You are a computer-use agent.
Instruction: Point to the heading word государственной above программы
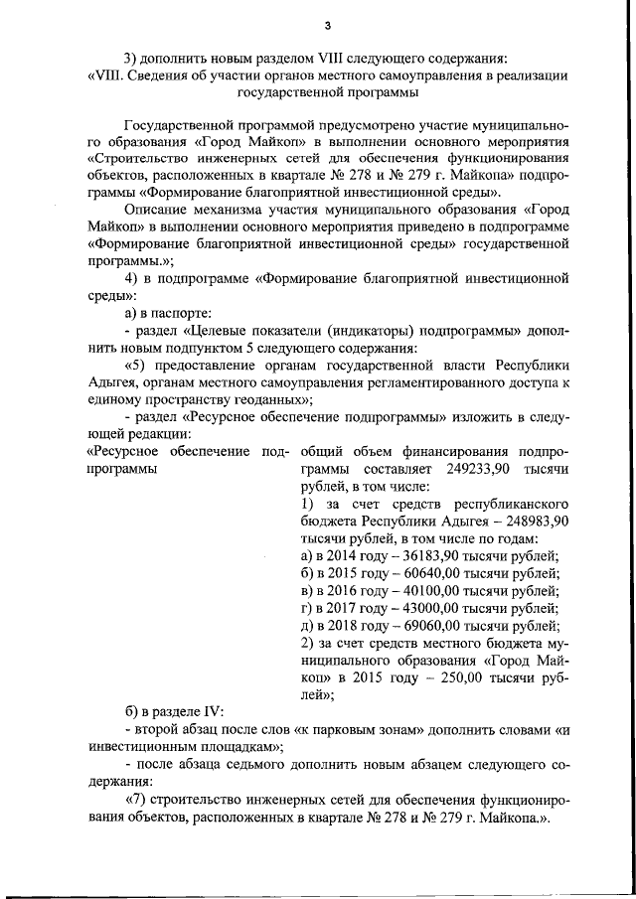[x=287, y=93]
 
